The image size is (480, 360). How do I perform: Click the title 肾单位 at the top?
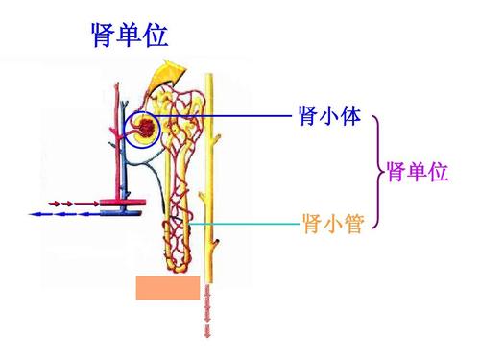click(129, 36)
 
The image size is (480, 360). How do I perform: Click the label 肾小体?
click(329, 117)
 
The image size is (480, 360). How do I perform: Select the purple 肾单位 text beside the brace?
click(417, 173)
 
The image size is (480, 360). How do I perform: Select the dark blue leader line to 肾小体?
click(230, 117)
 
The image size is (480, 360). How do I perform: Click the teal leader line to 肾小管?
click(245, 224)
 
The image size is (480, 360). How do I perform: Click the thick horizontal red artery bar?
click(120, 203)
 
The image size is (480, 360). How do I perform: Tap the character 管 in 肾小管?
click(350, 224)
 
